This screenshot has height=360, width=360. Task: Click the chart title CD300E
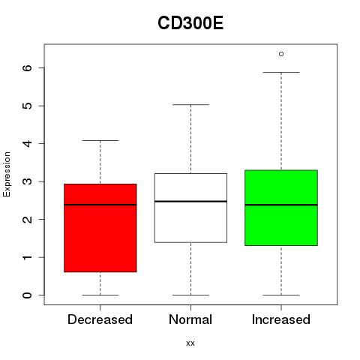(x=190, y=23)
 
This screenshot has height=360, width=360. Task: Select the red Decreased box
(x=100, y=228)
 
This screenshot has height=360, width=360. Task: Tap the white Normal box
(x=190, y=208)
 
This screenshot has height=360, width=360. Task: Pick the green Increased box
(x=281, y=208)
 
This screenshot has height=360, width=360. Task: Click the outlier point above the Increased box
(x=281, y=54)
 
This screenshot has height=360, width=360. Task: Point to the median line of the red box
(x=100, y=205)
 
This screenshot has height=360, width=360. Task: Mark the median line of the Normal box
(x=190, y=201)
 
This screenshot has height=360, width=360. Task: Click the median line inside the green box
(x=281, y=205)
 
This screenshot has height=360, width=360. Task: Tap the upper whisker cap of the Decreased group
(x=100, y=140)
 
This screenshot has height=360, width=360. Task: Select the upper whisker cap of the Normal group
(x=190, y=104)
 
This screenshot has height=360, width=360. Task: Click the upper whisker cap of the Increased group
(x=281, y=72)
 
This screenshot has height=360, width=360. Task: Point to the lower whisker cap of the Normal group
(x=190, y=295)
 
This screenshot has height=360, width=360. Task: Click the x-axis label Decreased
(x=100, y=319)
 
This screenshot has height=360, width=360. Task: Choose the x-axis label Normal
(x=190, y=319)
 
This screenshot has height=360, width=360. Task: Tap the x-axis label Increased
(x=281, y=319)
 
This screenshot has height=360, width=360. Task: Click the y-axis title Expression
(x=7, y=174)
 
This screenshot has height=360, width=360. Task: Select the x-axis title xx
(x=190, y=343)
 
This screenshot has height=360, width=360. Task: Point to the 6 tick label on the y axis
(x=27, y=67)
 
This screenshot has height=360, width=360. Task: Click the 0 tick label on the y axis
(x=27, y=295)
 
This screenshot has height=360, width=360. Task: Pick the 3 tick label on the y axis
(x=27, y=181)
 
